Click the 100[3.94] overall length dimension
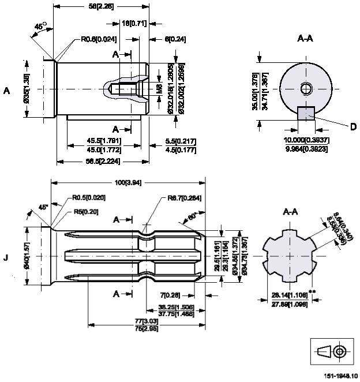coord(127,183)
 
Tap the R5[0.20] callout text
coord(87,212)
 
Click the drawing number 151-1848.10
coord(339,376)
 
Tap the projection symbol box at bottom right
coord(333,351)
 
